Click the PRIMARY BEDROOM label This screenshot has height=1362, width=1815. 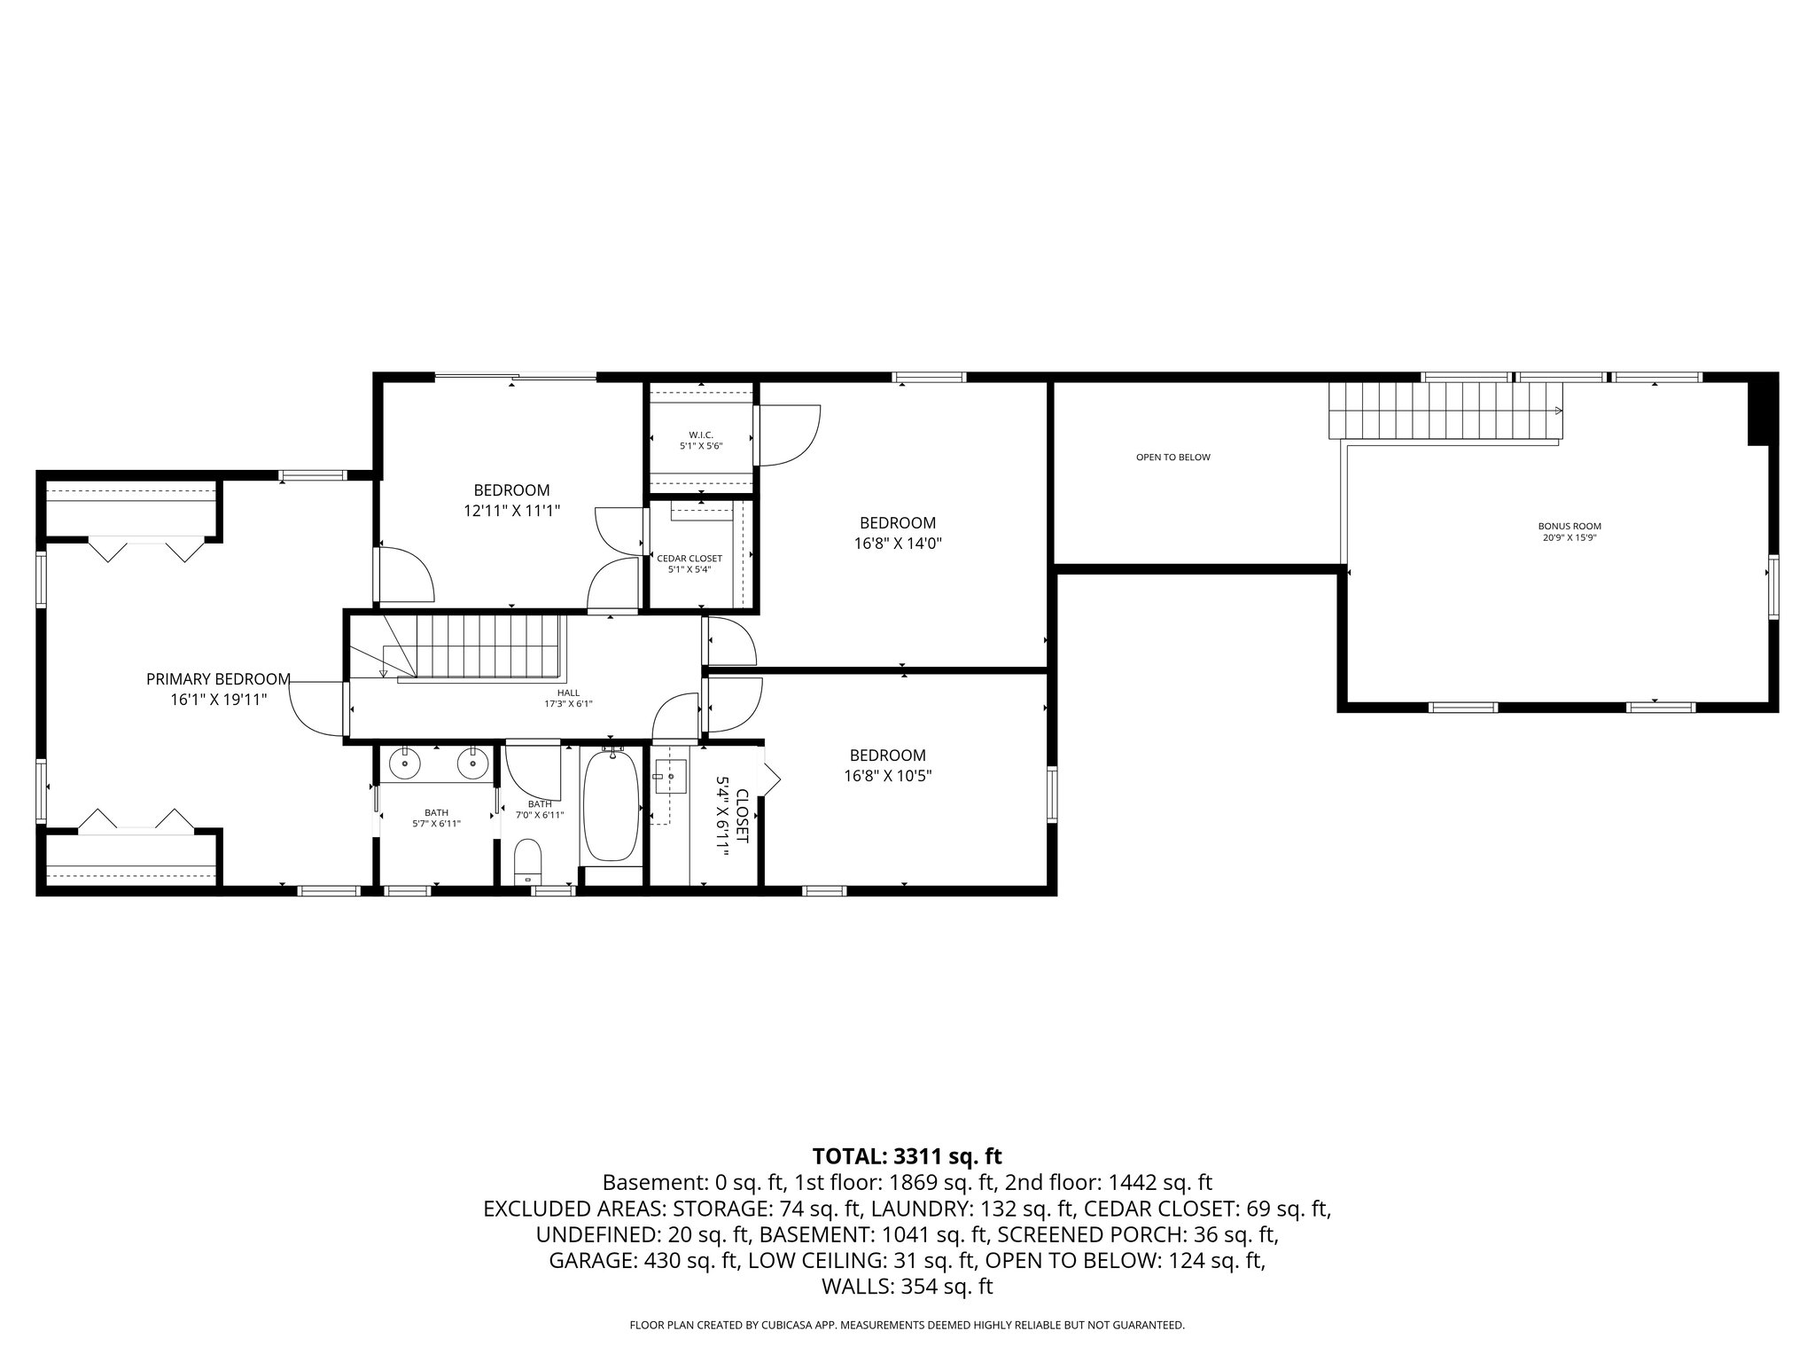[x=218, y=679]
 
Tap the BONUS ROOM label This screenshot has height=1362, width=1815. [x=1569, y=526]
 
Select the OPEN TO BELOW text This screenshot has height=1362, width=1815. [x=1172, y=458]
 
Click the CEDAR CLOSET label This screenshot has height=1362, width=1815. [x=689, y=559]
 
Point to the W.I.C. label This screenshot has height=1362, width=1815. [x=700, y=434]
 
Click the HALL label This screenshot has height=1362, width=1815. [x=568, y=693]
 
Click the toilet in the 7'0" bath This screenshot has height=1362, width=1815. [x=528, y=860]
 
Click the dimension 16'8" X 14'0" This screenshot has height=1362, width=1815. [x=898, y=544]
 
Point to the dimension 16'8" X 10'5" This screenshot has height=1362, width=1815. [x=887, y=776]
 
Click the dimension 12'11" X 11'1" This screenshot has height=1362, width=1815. [x=511, y=511]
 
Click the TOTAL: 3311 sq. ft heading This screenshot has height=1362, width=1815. [x=907, y=1156]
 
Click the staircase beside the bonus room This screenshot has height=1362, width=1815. [x=1445, y=411]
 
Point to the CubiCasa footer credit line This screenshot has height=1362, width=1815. [x=907, y=1325]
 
